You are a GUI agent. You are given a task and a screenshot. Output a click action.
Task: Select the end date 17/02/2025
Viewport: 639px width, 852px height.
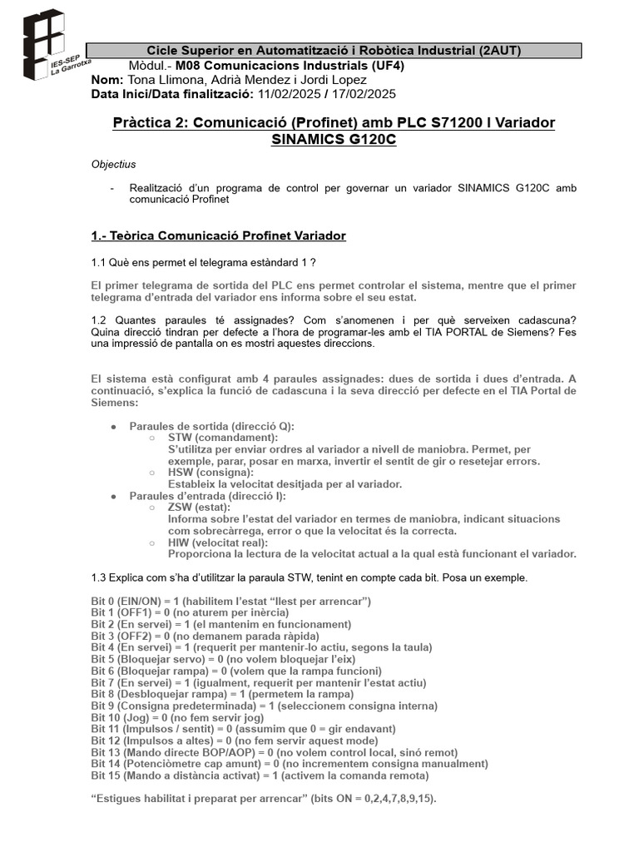pyautogui.click(x=363, y=93)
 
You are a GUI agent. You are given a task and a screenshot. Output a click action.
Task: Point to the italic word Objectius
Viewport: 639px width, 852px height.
pyautogui.click(x=113, y=165)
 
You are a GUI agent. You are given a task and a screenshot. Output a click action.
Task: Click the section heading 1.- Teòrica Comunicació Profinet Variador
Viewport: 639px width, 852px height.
pyautogui.click(x=218, y=236)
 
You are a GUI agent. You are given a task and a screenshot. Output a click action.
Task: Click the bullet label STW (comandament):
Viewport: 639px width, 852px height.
pyautogui.click(x=223, y=438)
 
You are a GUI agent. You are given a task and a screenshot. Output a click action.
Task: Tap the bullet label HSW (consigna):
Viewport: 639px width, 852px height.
pyautogui.click(x=211, y=473)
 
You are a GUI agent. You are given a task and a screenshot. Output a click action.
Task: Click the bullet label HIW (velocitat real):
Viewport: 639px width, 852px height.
pyautogui.click(x=217, y=542)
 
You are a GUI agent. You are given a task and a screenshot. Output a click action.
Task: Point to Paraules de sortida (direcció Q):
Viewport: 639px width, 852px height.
pyautogui.click(x=211, y=426)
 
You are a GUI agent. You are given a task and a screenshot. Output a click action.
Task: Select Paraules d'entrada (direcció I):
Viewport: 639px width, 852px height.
pyautogui.click(x=208, y=496)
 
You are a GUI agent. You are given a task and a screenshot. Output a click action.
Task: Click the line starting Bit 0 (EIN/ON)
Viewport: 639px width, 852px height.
pyautogui.click(x=230, y=601)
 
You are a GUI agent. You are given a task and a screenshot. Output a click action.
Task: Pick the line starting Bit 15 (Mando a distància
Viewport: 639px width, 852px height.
pyautogui.click(x=260, y=775)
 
